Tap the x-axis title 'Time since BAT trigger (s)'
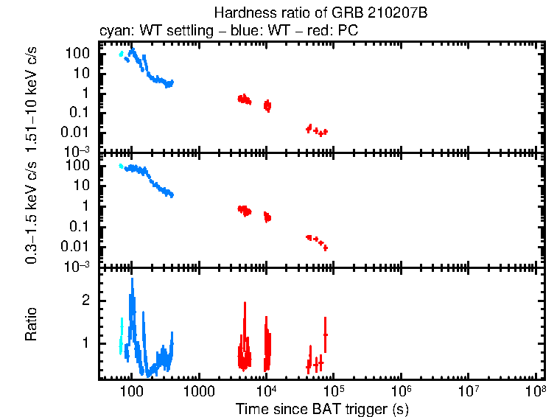(322, 408)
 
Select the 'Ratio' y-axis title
(32, 325)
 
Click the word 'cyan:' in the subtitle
(115, 32)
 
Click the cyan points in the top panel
(121, 53)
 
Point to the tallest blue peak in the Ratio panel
(133, 284)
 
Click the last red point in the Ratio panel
(325, 334)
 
